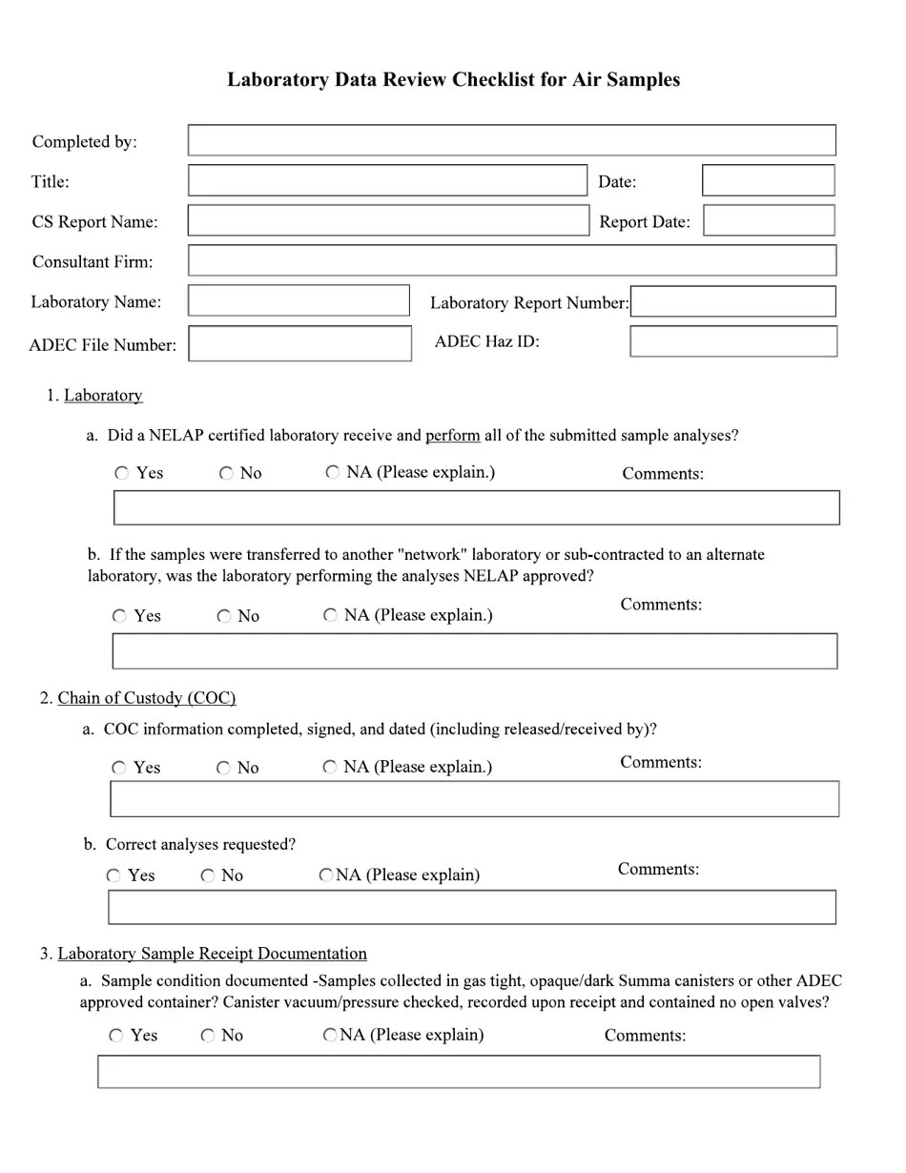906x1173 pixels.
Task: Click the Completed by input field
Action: coord(511,140)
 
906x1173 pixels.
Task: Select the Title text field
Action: coord(387,180)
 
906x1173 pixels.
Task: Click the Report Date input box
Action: coord(769,220)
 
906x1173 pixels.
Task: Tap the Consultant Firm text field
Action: coord(511,260)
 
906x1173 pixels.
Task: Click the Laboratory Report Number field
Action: coord(732,301)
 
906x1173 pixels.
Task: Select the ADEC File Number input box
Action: coord(299,343)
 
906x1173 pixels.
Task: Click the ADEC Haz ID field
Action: coord(732,341)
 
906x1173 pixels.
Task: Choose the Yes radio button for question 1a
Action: coord(122,473)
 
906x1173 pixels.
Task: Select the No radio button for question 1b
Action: coord(224,616)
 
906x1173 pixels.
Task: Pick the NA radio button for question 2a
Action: coord(330,767)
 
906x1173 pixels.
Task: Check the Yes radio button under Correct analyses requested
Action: coord(113,875)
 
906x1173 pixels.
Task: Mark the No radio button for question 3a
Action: coord(208,1036)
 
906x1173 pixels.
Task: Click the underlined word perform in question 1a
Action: coord(452,436)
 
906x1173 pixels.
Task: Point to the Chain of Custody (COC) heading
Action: coord(147,698)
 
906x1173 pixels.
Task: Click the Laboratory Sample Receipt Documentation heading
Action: coord(212,954)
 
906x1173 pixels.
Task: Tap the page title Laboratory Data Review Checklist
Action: coord(453,79)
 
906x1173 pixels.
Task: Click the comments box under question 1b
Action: coord(475,651)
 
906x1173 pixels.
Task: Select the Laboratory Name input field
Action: coord(299,300)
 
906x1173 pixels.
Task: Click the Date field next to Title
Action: coord(768,180)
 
